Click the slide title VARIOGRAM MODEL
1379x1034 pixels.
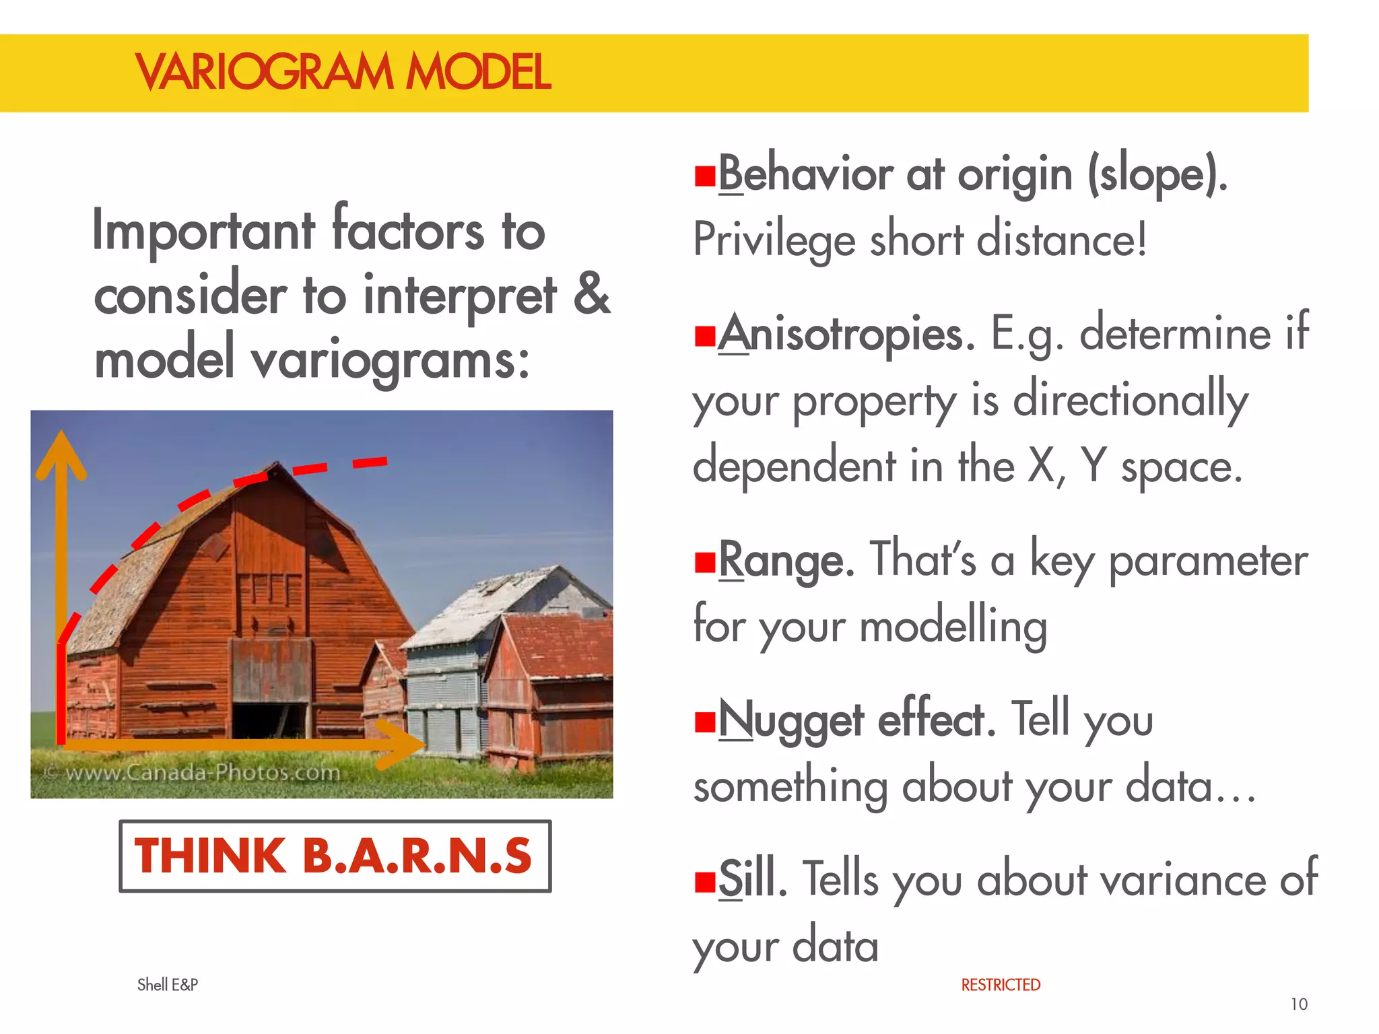coord(343,72)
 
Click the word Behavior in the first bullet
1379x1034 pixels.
coord(805,174)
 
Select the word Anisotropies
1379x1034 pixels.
coord(846,334)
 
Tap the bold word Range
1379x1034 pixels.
coord(786,560)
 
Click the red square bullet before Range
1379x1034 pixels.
coord(704,561)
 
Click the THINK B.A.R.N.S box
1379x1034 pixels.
coord(335,856)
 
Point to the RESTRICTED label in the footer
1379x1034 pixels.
coord(1000,985)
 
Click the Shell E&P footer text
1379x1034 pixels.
coord(168,985)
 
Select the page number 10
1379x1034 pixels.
coord(1298,1004)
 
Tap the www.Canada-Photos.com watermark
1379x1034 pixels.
coord(195,772)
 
